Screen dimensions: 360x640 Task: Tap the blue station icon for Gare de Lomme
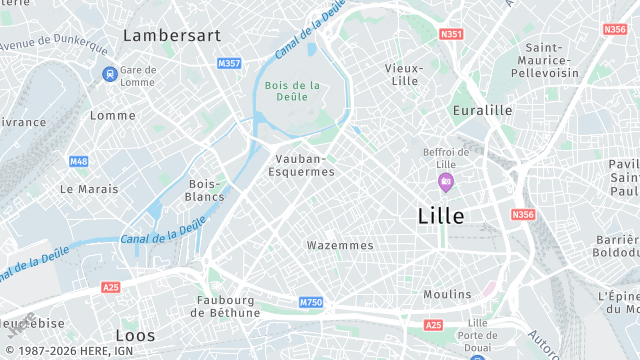[109, 74]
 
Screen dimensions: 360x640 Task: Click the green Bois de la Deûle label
[293, 91]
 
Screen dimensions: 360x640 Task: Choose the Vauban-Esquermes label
[302, 165]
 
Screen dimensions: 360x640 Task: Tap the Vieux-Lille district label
[405, 74]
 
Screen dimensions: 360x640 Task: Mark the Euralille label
[482, 110]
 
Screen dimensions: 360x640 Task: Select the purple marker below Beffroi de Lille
[446, 182]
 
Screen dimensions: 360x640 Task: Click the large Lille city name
[440, 215]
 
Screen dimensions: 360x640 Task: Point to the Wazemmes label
[340, 245]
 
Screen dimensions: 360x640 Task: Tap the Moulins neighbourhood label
[447, 294]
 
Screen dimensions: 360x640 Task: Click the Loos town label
[135, 335]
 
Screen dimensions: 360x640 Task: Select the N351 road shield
[452, 34]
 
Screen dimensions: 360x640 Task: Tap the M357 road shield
[229, 64]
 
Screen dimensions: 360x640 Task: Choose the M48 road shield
[79, 161]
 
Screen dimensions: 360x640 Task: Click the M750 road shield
[311, 302]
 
